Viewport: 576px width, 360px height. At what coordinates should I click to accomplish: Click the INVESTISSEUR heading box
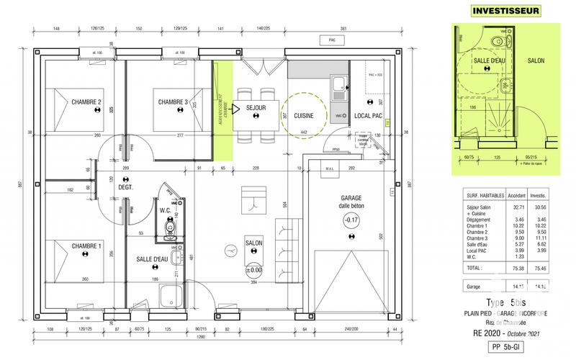click(505, 10)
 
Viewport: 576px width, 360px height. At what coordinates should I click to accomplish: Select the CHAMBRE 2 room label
click(86, 102)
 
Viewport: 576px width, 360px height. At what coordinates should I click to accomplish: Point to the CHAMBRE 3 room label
click(173, 102)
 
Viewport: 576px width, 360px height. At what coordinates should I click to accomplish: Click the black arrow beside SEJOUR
click(236, 111)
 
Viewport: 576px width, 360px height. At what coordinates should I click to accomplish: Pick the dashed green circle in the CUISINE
click(302, 115)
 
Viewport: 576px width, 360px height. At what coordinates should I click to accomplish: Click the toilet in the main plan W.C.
click(170, 228)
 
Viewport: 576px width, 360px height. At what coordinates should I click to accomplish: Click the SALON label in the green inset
click(535, 61)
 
